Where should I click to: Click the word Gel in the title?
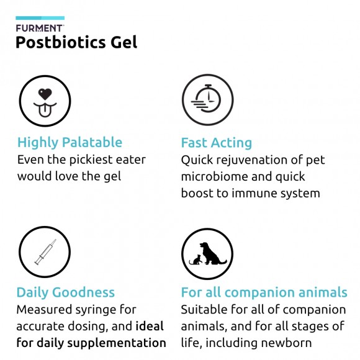(x=122, y=42)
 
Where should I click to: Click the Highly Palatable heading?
(x=70, y=142)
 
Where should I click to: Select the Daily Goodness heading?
(x=65, y=292)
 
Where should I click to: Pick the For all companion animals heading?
(x=264, y=292)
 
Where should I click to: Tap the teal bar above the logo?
(x=40, y=19)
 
